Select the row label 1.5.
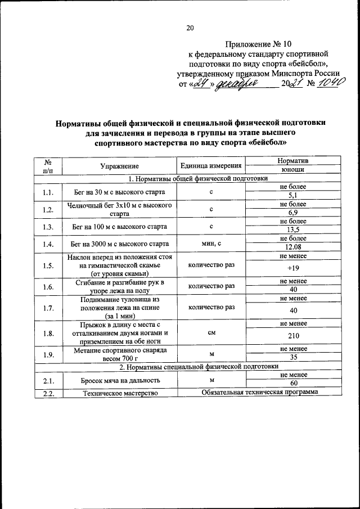[47, 265]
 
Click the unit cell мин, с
[211, 244]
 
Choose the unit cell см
[211, 332]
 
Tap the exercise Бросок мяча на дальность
[119, 380]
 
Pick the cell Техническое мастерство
[119, 393]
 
